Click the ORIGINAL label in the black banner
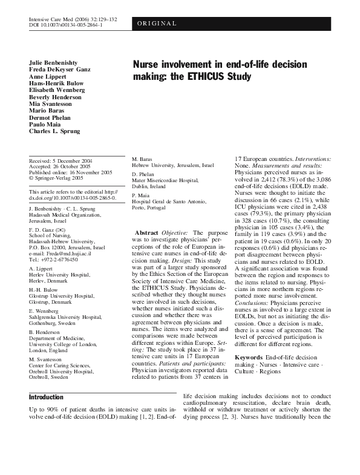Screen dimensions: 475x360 pos(157,24)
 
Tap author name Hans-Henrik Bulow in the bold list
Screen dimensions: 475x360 pos(57,83)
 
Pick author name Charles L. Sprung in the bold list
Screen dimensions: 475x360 pos(54,130)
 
